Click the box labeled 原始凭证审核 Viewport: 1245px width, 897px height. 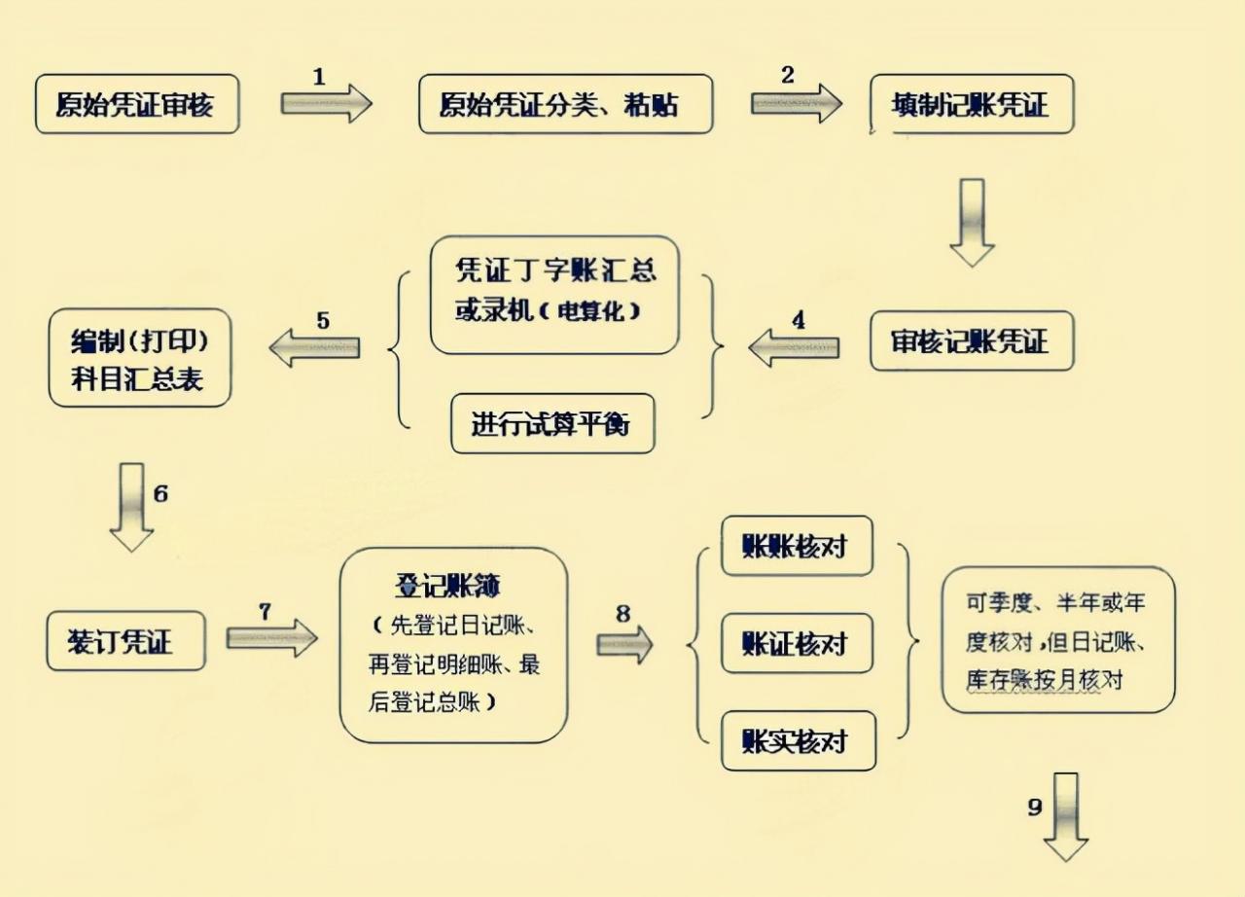click(x=136, y=104)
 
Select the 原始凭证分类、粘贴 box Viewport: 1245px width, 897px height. click(x=565, y=104)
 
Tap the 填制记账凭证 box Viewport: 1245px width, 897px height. click(x=971, y=104)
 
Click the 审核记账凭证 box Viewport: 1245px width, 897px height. click(x=971, y=341)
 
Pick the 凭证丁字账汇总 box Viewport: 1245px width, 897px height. click(x=554, y=294)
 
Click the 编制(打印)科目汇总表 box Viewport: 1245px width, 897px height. click(x=140, y=357)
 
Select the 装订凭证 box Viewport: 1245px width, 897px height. click(x=126, y=641)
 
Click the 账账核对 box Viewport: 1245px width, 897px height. click(x=797, y=546)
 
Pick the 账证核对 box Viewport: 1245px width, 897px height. click(x=797, y=644)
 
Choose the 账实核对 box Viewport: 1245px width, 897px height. click(x=797, y=741)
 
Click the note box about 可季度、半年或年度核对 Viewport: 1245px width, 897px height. click(x=1058, y=640)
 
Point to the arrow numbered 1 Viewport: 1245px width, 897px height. click(x=327, y=103)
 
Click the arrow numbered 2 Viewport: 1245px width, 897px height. click(x=796, y=103)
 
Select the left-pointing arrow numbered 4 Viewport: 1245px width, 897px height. click(x=794, y=347)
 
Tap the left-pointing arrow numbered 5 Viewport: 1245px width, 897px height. click(x=314, y=347)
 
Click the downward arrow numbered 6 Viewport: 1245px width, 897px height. click(x=131, y=507)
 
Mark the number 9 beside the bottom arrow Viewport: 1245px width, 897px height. click(x=1035, y=807)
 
